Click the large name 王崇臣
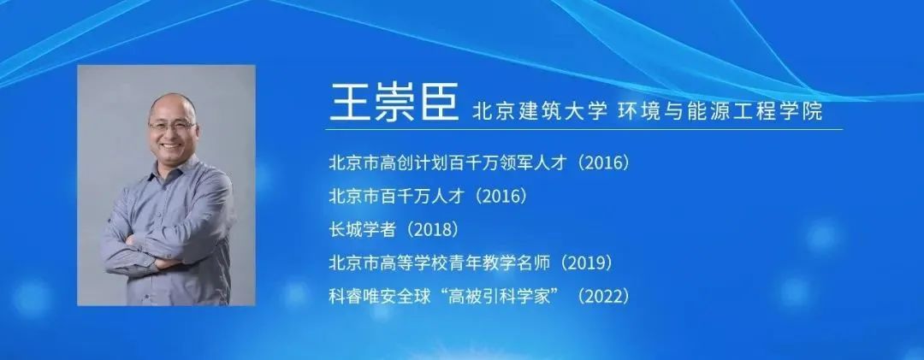tap(393, 102)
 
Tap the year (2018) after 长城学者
tap(432, 230)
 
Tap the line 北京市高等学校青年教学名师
tap(440, 263)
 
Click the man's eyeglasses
tap(171, 126)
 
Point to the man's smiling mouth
tap(171, 145)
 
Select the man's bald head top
tap(173, 100)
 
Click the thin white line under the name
tap(585, 129)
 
